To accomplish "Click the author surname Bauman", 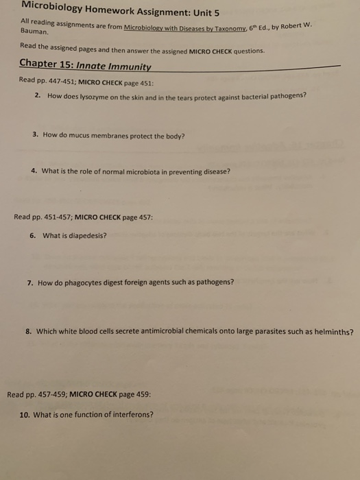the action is coord(34,31).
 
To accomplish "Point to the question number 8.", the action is coord(28,330).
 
